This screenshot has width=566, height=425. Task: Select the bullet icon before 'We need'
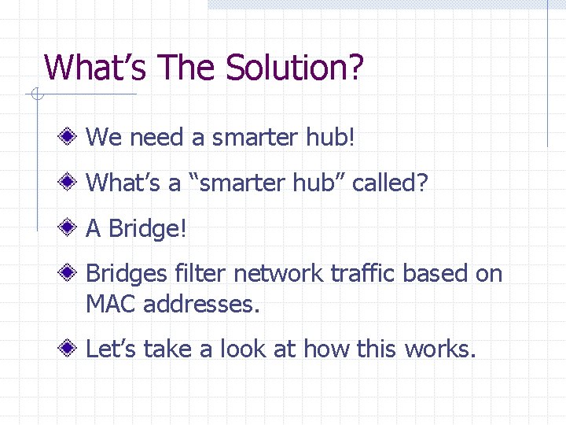coord(71,138)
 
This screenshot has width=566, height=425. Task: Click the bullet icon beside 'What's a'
coord(71,183)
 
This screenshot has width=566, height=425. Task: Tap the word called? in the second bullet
coord(390,183)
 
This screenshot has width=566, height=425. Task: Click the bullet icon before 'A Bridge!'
coord(71,229)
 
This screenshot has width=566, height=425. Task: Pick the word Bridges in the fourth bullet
coord(127,275)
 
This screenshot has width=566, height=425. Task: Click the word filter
coord(200,274)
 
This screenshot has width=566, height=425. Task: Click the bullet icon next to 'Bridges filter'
coord(71,274)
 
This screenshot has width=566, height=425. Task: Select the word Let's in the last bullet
coord(112,348)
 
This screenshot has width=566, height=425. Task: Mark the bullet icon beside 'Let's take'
coord(71,348)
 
